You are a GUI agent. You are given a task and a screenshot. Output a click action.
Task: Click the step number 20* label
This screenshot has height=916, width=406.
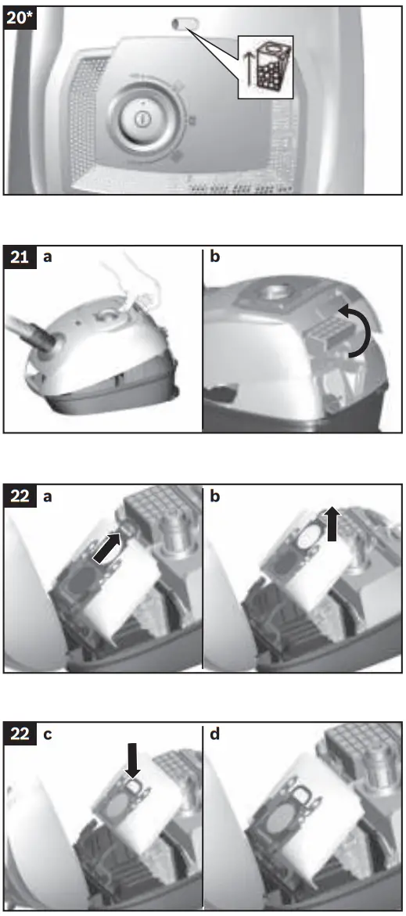20,18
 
